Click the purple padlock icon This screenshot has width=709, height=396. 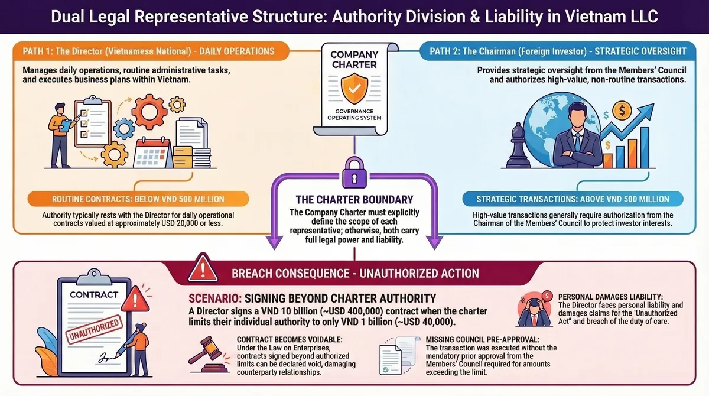tap(354, 173)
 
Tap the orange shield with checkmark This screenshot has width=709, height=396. tap(354, 87)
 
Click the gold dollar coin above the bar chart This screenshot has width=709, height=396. tap(622, 109)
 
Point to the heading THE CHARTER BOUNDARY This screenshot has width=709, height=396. tap(354, 200)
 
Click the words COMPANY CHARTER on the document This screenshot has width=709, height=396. tap(354, 60)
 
